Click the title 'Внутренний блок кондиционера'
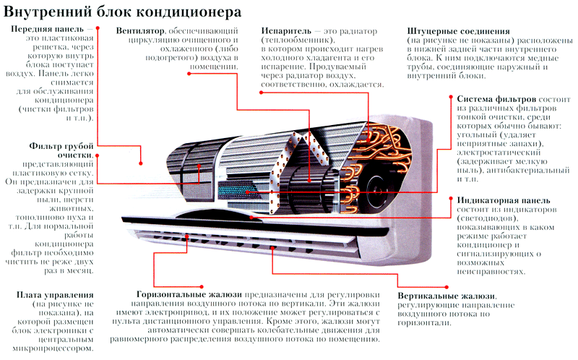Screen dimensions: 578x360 coord(122,12)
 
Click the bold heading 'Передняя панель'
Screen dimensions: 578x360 coord(48,29)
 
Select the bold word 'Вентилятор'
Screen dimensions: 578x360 coord(140,31)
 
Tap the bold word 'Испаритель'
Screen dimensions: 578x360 coord(286,31)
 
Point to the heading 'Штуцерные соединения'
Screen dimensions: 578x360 coord(459,31)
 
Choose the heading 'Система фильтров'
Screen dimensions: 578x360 coord(496,99)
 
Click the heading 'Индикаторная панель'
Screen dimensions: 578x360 coord(504,200)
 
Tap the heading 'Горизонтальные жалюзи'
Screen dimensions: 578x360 coord(189,295)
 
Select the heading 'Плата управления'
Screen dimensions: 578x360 coord(55,295)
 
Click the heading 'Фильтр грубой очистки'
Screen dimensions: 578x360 coord(61,150)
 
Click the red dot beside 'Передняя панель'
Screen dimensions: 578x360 coord(98,27)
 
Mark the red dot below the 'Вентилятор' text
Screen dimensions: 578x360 coord(189,74)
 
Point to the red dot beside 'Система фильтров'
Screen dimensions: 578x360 coord(451,97)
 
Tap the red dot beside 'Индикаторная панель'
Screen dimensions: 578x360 coord(451,199)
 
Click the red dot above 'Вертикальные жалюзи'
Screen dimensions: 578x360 coord(447,287)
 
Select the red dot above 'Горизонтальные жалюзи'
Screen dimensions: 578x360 coord(202,286)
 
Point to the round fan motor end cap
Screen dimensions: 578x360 coord(381,191)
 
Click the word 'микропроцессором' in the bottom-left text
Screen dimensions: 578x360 coord(53,348)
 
